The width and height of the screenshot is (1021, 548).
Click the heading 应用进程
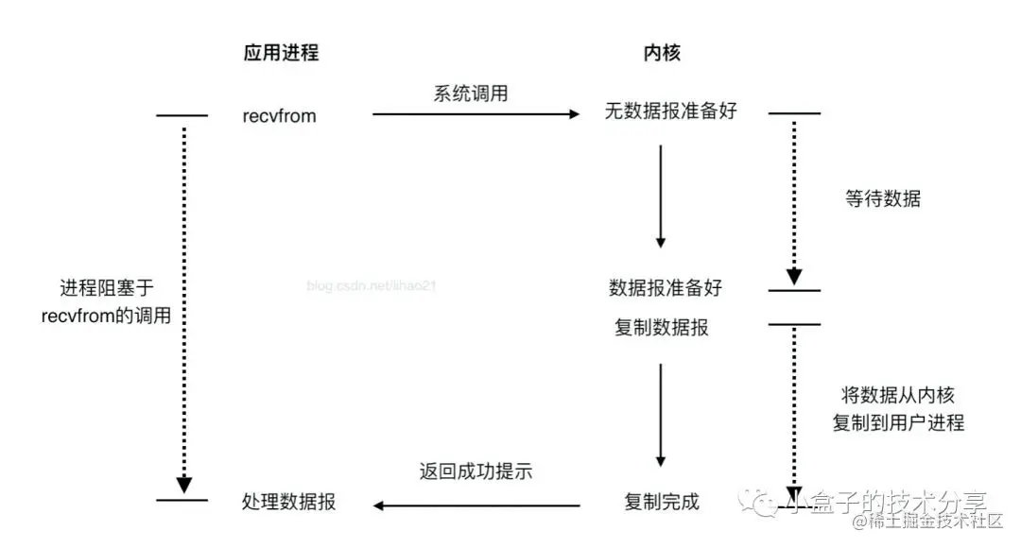(x=281, y=53)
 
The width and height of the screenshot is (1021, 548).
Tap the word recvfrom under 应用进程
(x=279, y=116)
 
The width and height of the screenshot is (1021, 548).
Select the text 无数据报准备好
(x=670, y=111)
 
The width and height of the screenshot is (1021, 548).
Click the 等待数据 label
(x=882, y=198)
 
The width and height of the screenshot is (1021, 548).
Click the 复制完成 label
(x=662, y=502)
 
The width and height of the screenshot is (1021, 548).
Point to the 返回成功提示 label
(x=476, y=471)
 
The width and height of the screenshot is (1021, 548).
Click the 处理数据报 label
(x=288, y=503)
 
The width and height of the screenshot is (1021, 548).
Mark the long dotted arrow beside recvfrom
(x=183, y=302)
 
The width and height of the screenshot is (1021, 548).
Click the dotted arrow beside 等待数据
(x=794, y=198)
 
